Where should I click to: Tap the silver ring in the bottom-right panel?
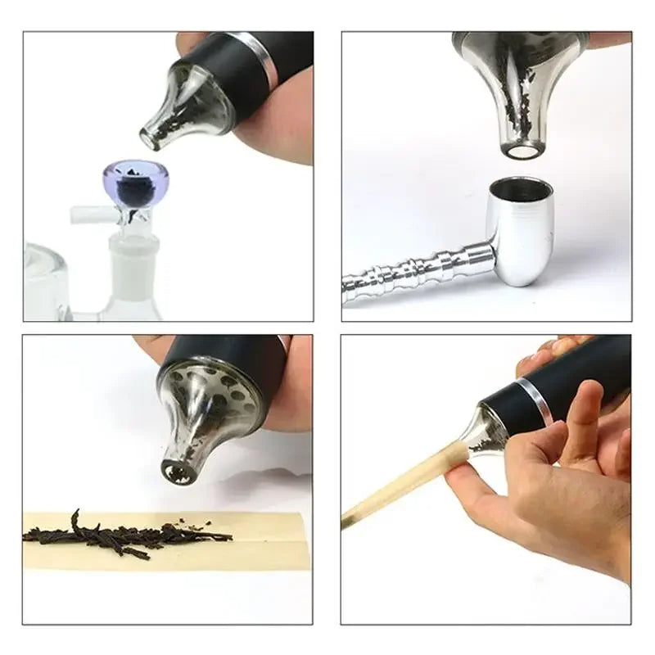535,401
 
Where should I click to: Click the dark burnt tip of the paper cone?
348,519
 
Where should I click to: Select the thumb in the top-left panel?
282,123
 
